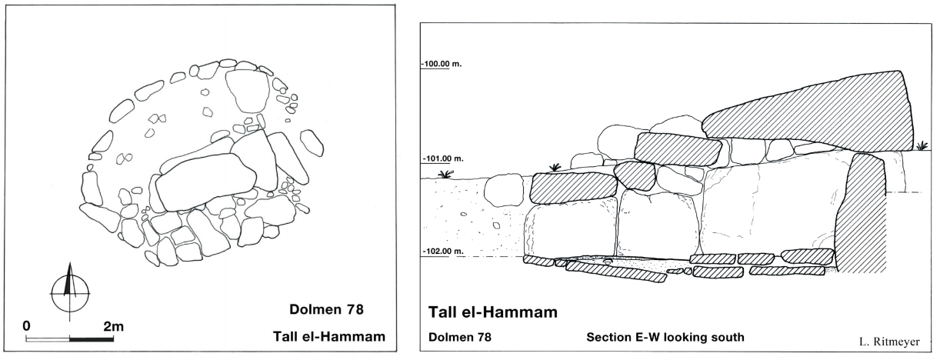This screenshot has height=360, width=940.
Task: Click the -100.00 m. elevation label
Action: pos(442,64)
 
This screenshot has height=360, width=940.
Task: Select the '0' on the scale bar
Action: pos(26,326)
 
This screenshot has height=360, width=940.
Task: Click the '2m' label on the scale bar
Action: pos(114,326)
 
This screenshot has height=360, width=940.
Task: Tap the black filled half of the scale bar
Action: pos(92,339)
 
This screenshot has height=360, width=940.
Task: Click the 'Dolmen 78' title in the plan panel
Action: pos(326,310)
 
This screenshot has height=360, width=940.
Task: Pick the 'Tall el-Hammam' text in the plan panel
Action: pos(329,336)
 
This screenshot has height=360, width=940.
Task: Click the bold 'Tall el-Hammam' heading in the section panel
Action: pos(492,312)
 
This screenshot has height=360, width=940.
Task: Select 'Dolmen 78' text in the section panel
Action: pos(460,337)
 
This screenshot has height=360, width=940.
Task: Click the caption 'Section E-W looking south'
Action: pos(665,337)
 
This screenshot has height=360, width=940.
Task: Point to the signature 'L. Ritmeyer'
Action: pos(889,342)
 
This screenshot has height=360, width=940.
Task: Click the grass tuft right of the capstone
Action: pos(922,145)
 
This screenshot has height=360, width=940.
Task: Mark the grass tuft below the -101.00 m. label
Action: pos(446,174)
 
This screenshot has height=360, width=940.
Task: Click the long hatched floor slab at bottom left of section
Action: pos(616,272)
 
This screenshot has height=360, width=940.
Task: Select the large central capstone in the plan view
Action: pos(205,182)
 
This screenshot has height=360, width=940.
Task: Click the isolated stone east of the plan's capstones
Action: pos(312,142)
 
